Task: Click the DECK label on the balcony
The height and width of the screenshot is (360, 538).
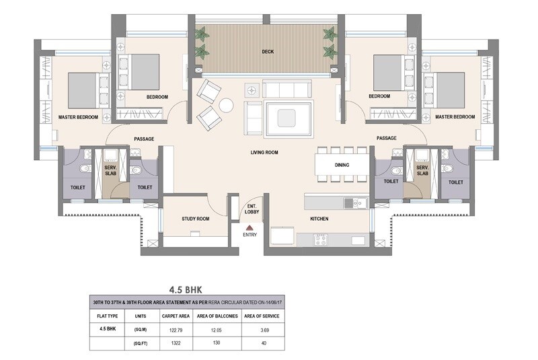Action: point(267,51)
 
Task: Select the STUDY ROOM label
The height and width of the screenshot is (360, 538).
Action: point(196,219)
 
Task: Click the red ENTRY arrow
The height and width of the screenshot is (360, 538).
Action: point(249,228)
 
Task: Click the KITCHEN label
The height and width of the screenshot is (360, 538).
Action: point(319,219)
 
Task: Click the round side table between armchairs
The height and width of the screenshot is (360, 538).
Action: point(226,105)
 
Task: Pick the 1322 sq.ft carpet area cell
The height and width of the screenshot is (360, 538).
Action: point(173,343)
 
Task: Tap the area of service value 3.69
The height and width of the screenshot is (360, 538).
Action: point(264,330)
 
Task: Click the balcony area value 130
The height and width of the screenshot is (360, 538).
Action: point(216,343)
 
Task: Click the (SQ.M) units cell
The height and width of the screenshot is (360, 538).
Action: point(140,330)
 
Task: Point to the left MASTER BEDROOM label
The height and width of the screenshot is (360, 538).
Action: point(78,117)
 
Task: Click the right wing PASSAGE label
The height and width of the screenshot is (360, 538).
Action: point(386,139)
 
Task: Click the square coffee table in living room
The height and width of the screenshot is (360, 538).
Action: point(289,114)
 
